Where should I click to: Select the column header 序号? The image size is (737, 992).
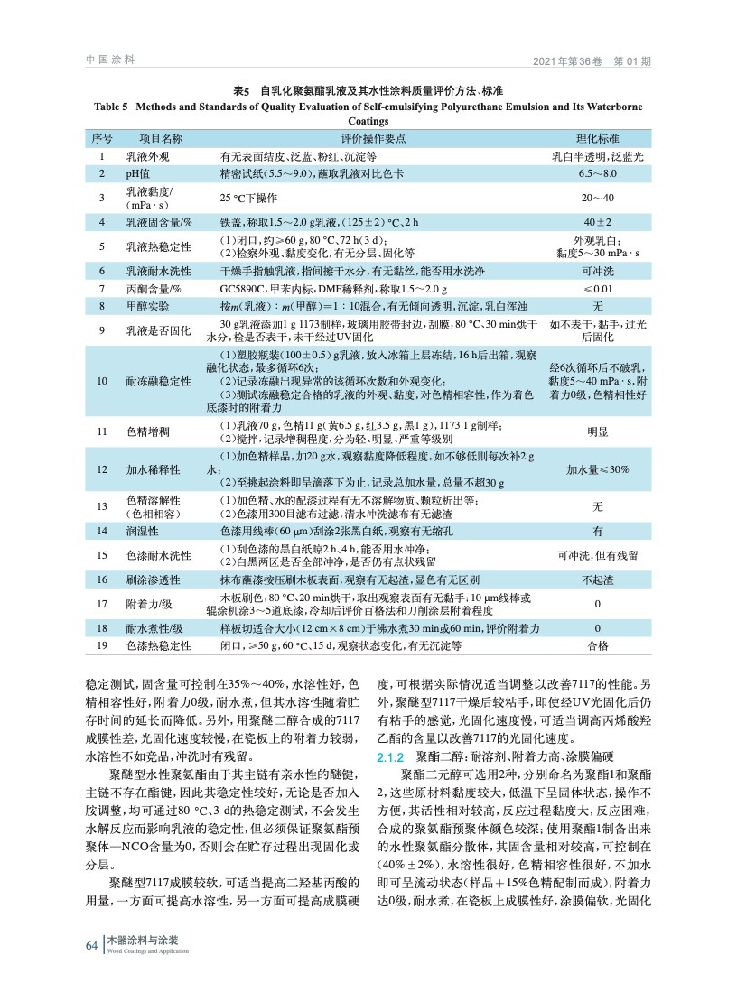click(x=102, y=139)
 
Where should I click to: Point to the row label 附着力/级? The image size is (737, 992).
click(x=151, y=603)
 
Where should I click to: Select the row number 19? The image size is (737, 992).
click(x=102, y=645)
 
